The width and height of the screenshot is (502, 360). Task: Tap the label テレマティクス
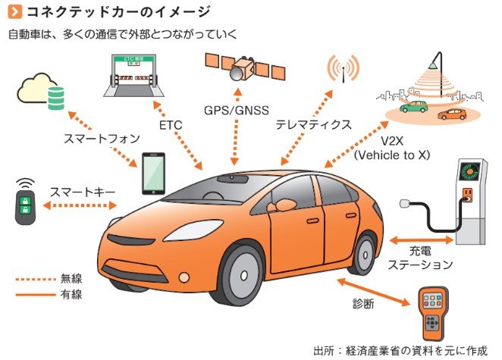coord(313,124)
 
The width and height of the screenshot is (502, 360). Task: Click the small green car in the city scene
coord(413,108)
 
